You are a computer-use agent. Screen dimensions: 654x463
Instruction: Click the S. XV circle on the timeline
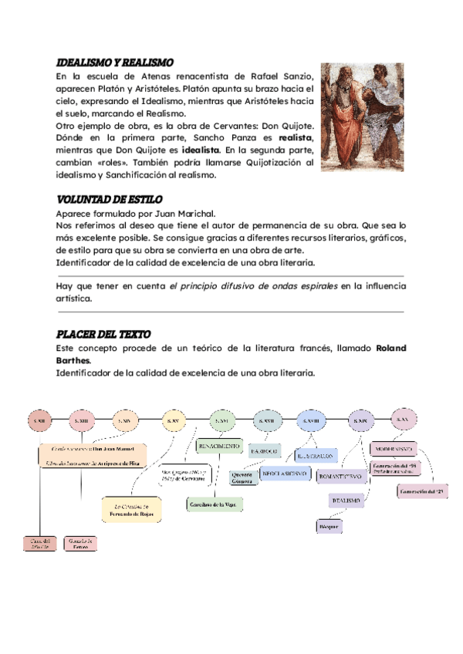click(174, 420)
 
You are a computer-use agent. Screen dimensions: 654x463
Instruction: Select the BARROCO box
click(265, 450)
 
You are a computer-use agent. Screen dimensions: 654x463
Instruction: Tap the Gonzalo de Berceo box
click(80, 543)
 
